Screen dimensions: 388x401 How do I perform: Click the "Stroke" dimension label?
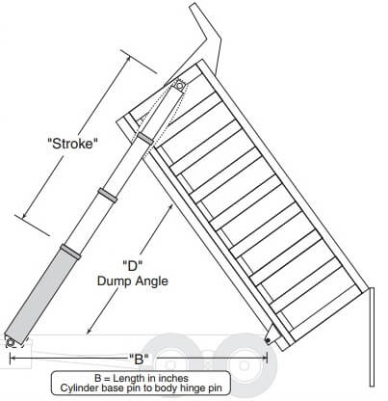point(72,144)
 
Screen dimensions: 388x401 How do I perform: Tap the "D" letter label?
point(133,266)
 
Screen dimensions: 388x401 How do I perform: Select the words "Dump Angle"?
point(133,281)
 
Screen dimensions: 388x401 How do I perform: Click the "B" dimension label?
point(139,359)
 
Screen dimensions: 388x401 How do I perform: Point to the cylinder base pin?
point(11,342)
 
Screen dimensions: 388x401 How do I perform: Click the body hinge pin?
point(268,340)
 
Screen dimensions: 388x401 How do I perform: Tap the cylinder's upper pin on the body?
point(179,86)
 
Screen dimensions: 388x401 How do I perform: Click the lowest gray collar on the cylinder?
point(70,252)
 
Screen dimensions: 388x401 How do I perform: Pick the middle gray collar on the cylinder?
point(108,196)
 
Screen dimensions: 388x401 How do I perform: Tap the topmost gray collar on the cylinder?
point(145,139)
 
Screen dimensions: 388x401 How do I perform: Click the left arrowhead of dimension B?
point(13,358)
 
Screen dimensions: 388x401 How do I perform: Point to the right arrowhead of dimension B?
point(264,358)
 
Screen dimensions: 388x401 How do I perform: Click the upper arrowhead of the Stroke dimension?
point(128,60)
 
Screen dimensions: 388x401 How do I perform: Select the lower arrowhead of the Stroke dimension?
point(25,215)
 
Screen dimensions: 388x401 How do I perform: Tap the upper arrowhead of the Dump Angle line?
point(170,207)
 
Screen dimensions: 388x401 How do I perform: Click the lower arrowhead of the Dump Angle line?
point(90,331)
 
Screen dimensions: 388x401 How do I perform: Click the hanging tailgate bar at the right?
point(372,336)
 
